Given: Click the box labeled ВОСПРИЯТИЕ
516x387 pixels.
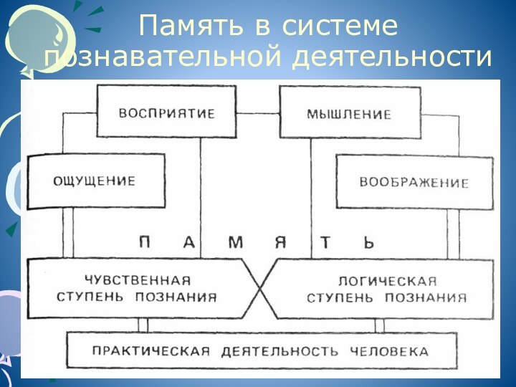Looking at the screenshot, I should pyautogui.click(x=166, y=113).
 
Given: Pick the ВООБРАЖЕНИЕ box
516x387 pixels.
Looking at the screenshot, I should pyautogui.click(x=414, y=182).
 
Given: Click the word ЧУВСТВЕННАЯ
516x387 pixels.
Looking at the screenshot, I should pyautogui.click(x=137, y=280).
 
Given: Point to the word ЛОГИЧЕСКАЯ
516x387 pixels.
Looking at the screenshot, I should pyautogui.click(x=386, y=280).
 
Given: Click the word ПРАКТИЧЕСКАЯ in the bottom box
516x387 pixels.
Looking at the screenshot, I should pyautogui.click(x=150, y=351).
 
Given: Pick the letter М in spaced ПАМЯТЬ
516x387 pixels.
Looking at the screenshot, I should pyautogui.click(x=235, y=242).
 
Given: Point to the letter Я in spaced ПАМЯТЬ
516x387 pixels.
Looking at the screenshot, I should pyautogui.click(x=281, y=242).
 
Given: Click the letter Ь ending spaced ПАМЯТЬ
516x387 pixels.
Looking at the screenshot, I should pyautogui.click(x=369, y=242).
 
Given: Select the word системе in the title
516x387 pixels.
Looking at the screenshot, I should pyautogui.click(x=340, y=27).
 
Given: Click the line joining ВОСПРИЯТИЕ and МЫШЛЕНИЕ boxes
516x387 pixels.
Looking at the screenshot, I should pyautogui.click(x=258, y=113).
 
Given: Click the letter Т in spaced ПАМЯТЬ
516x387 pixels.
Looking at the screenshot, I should pyautogui.click(x=325, y=242).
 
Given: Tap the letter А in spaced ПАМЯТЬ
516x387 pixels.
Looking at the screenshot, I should pyautogui.click(x=189, y=242).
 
